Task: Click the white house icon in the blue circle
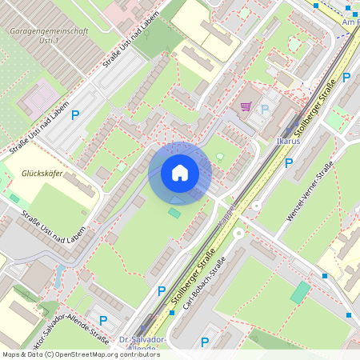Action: coord(179,173)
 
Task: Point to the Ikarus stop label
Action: coord(288,142)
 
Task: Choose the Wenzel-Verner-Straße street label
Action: coord(311,191)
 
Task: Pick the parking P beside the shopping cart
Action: coord(265,109)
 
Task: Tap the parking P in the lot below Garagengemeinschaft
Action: coord(75,115)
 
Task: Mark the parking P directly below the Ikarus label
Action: coord(289,162)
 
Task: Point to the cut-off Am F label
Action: coord(350,22)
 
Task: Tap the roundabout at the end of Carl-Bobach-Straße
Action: coord(238,234)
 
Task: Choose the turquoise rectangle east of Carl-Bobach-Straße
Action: coord(300,291)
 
